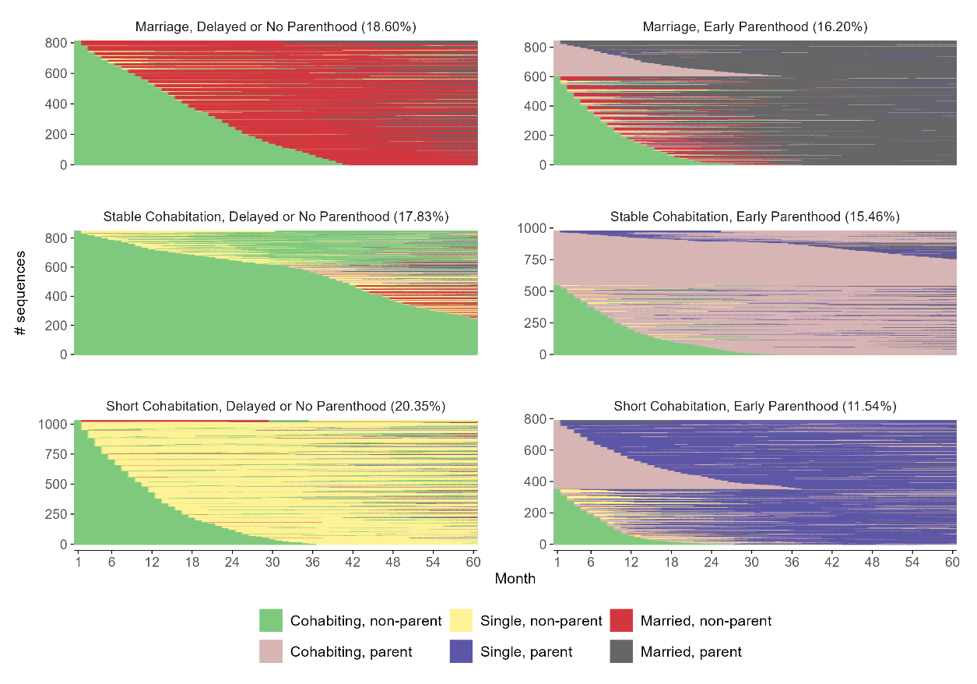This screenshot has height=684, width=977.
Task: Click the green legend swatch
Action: tap(271, 621)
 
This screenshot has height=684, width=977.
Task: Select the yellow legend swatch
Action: tap(462, 621)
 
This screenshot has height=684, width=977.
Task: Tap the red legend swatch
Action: tap(621, 621)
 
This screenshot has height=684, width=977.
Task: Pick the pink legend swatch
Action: tap(271, 651)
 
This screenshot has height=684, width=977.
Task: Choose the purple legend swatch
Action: tap(462, 651)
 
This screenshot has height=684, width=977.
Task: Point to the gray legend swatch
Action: tap(621, 651)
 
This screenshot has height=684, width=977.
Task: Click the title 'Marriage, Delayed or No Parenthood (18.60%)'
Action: tap(276, 26)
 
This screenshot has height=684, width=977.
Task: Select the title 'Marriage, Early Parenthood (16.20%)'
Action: tap(755, 26)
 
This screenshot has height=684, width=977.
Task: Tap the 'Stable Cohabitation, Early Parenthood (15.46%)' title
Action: tap(755, 216)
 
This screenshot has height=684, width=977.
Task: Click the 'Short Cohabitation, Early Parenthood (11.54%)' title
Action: tap(755, 406)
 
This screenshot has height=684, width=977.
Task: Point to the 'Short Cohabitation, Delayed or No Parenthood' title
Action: tap(276, 406)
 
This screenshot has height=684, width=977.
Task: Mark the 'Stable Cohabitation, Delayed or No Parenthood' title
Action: tap(276, 216)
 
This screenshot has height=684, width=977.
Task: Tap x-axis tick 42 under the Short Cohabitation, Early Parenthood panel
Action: tap(831, 562)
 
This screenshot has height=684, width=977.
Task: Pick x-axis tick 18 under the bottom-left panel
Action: tap(192, 562)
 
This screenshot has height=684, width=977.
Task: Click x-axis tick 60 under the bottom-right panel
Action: tap(951, 562)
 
